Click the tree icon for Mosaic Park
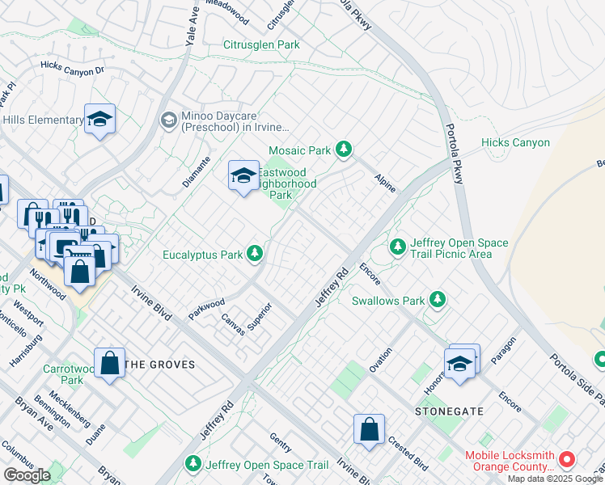tap(345, 150)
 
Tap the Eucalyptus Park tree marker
tap(256, 255)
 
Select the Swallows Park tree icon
tap(438, 301)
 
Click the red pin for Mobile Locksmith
tap(567, 460)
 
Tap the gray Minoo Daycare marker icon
tap(168, 120)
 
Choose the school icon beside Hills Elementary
tap(99, 120)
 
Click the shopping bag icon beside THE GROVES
tap(109, 363)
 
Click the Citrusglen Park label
tap(261, 44)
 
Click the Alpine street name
tap(385, 183)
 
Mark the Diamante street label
tap(196, 171)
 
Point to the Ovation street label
tap(380, 359)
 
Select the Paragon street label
tap(502, 352)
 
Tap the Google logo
tap(27, 475)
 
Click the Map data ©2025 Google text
tap(555, 479)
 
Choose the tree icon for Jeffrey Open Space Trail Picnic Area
tap(396, 246)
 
